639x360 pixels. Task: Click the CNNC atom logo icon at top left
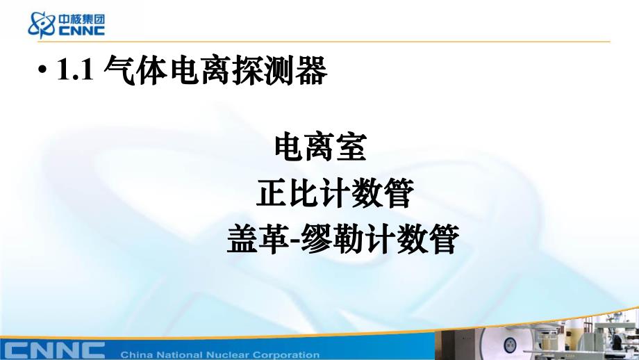(x=41, y=24)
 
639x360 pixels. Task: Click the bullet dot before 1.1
(x=43, y=72)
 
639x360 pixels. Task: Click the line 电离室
(x=319, y=147)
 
